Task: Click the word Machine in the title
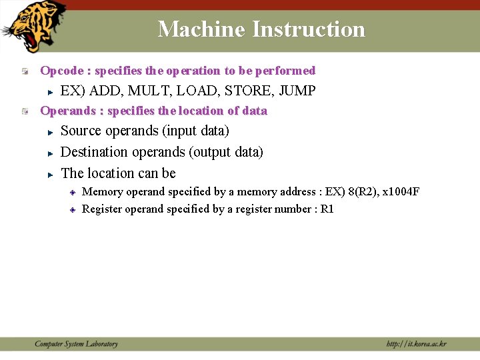202,29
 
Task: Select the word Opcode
61,71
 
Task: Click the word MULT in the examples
147,91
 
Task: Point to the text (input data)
195,131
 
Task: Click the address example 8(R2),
362,192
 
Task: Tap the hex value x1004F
401,192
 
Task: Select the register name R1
327,209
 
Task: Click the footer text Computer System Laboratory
76,344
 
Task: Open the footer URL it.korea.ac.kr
417,344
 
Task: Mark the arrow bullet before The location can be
50,174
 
